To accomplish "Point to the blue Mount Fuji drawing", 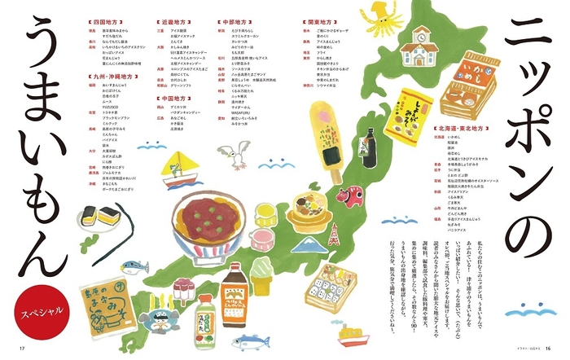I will [305, 241].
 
